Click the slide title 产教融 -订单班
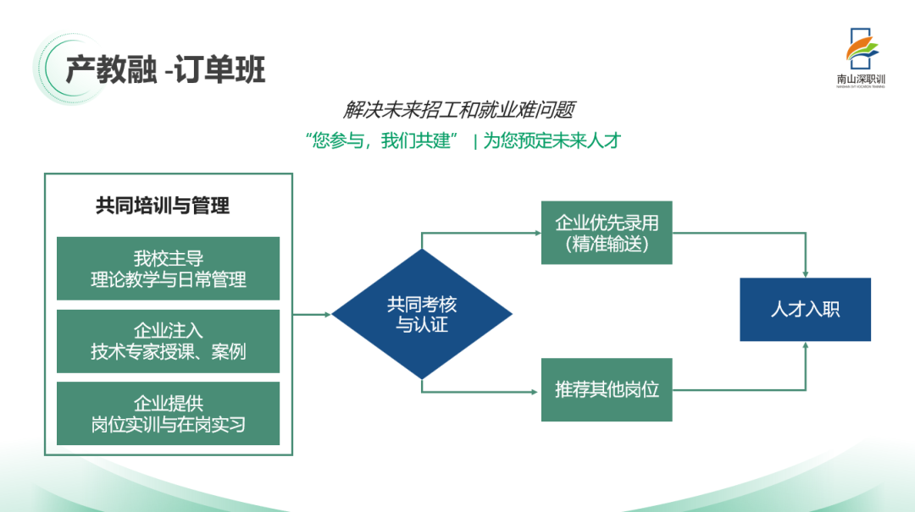coord(166,69)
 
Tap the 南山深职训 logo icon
coord(861,50)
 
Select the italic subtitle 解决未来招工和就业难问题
coord(459,110)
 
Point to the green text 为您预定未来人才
coord(552,140)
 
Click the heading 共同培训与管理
coord(163,206)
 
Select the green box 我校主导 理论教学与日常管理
coord(168,268)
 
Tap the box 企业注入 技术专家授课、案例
coord(168,341)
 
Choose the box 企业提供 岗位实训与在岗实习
coord(168,413)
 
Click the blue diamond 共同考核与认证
coord(422,314)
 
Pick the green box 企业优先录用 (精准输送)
coord(607,233)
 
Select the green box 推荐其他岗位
coord(607,390)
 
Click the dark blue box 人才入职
coord(805,310)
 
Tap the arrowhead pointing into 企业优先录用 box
coord(536,233)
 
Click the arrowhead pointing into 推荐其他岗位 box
coord(536,390)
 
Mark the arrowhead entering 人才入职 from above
coord(806,273)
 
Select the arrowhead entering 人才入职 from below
coord(806,347)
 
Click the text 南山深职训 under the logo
coord(860,80)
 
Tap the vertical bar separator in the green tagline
coord(475,141)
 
